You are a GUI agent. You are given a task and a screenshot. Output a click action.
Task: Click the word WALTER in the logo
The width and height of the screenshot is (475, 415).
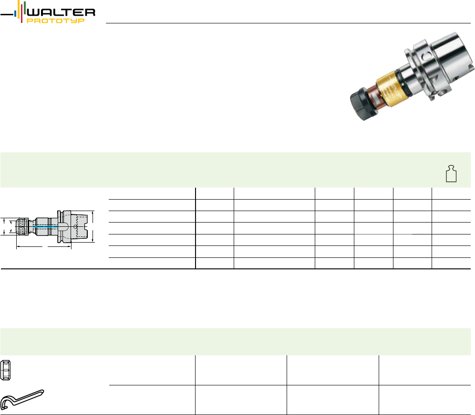click(x=61, y=12)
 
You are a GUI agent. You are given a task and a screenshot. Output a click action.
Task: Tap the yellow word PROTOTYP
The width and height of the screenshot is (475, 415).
click(x=56, y=21)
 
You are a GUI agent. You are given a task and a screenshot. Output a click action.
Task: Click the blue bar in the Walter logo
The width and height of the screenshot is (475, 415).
click(x=15, y=14)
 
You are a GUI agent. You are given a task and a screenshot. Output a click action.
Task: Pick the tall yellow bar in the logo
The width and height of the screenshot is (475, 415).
click(x=19, y=9)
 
